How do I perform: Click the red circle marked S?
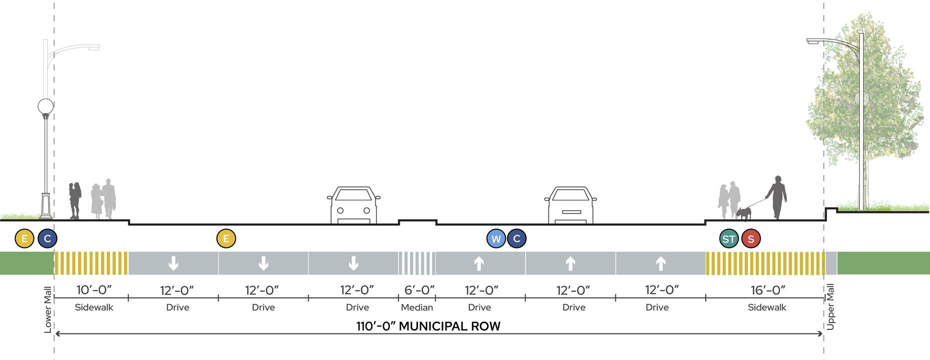tap(750, 239)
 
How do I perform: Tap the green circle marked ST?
tap(729, 239)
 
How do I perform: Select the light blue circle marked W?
tap(496, 239)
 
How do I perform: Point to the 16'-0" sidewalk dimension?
tap(768, 290)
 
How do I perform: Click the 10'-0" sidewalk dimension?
tap(94, 290)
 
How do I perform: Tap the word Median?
tap(417, 307)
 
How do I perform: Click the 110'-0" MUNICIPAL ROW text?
tap(428, 326)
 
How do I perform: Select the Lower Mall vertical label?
tap(48, 309)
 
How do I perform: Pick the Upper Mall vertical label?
tap(831, 306)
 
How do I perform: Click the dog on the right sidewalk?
tap(744, 213)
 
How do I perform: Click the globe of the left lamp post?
tap(45, 106)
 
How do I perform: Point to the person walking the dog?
tap(776, 197)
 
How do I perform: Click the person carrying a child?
tap(74, 199)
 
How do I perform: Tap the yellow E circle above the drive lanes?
tap(226, 239)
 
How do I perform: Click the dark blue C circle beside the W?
tap(517, 239)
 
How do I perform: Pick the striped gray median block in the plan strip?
tap(416, 263)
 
